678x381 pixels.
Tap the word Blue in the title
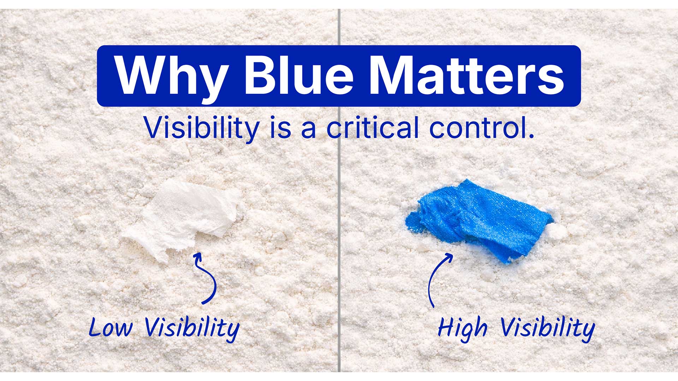point(298,76)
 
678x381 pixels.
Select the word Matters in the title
point(466,76)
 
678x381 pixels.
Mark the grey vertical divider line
point(339,247)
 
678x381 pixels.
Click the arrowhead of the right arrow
point(449,256)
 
